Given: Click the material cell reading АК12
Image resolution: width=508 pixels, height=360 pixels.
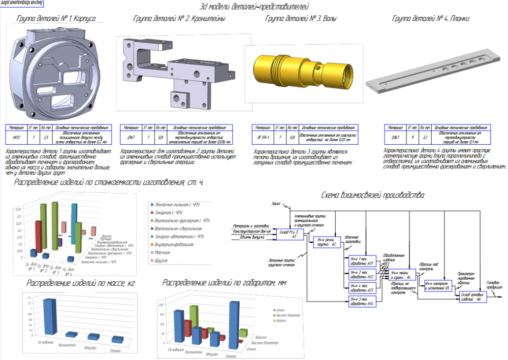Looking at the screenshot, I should tap(16, 137).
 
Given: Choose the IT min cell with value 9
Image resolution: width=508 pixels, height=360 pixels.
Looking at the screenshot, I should tap(414, 137).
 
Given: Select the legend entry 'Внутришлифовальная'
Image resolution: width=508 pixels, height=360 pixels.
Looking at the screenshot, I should tap(175, 244).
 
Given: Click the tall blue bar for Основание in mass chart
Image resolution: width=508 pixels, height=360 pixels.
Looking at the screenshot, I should tap(49, 317).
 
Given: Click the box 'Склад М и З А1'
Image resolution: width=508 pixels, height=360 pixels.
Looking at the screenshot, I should tap(291, 234).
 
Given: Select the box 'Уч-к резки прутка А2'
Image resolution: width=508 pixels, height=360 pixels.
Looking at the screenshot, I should tap(327, 242).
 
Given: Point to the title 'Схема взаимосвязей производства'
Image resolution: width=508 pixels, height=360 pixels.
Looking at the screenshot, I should tap(373, 195).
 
